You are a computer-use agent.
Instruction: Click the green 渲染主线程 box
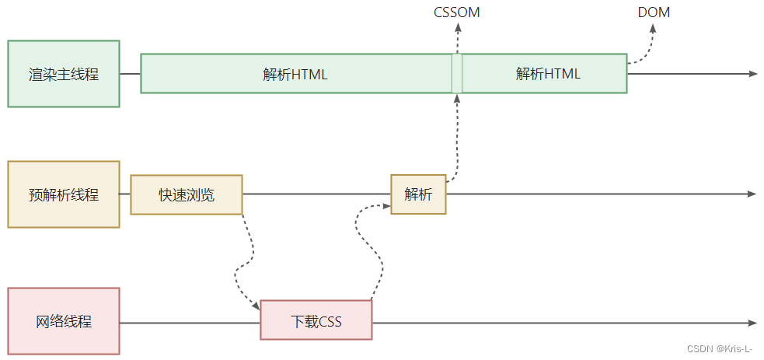point(64,74)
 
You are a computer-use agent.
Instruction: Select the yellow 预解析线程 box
point(64,194)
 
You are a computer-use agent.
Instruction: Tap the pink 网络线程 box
point(64,321)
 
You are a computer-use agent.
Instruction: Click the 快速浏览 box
point(187,194)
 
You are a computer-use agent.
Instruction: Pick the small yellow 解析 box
point(418,194)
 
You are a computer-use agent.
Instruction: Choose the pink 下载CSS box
point(316,321)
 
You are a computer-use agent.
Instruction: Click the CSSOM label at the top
point(457,12)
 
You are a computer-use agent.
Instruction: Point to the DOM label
point(653,12)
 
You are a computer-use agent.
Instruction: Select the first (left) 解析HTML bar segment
point(295,74)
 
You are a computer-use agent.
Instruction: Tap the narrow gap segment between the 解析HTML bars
point(457,74)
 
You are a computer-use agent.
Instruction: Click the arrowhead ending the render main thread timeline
point(752,74)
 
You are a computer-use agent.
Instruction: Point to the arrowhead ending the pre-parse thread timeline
point(752,194)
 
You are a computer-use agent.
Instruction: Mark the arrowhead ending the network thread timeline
point(752,322)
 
